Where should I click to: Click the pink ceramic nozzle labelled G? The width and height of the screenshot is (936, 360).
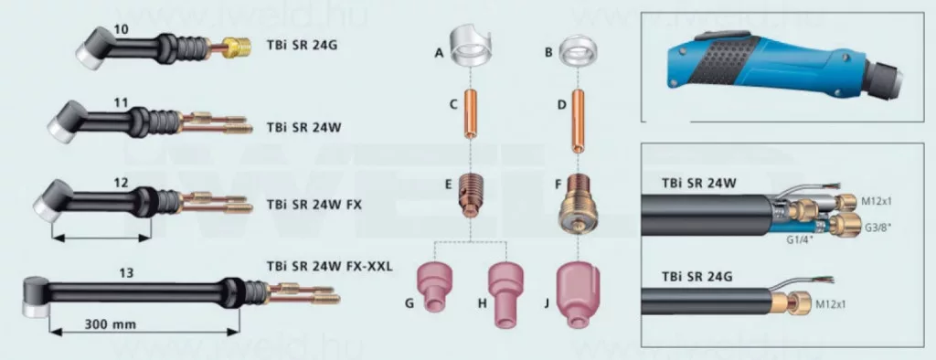pyautogui.click(x=435, y=288)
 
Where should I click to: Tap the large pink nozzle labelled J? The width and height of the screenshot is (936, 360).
pyautogui.click(x=577, y=296)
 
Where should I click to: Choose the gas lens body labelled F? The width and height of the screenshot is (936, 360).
pyautogui.click(x=578, y=203)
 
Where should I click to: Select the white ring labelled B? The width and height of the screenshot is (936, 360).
pyautogui.click(x=578, y=52)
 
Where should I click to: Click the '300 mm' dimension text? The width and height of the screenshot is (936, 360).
pyautogui.click(x=111, y=324)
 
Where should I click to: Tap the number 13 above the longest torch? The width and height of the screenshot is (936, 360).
pyautogui.click(x=126, y=273)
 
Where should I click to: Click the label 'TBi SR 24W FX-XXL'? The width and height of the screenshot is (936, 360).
pyautogui.click(x=329, y=266)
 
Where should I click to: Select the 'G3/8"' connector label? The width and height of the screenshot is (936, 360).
pyautogui.click(x=876, y=228)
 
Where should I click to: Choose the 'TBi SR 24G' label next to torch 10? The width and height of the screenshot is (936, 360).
pyautogui.click(x=302, y=45)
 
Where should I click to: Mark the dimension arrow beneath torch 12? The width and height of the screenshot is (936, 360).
pyautogui.click(x=101, y=238)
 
